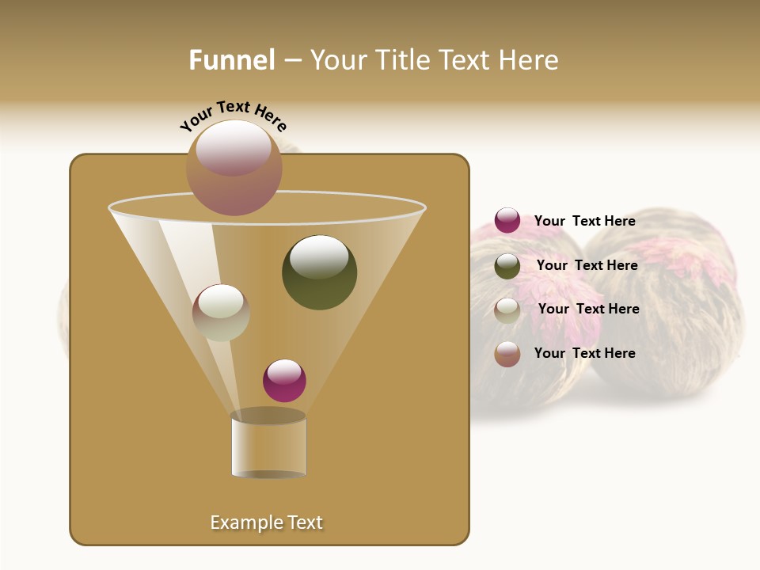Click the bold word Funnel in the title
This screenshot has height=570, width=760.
pyautogui.click(x=231, y=60)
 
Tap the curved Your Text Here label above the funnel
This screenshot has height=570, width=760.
pyautogui.click(x=233, y=114)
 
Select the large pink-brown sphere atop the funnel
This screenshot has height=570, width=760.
pyautogui.click(x=234, y=167)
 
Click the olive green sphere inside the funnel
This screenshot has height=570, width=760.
pyautogui.click(x=319, y=272)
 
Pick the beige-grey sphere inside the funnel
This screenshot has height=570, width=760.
pyautogui.click(x=221, y=313)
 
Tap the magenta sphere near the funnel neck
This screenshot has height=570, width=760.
pyautogui.click(x=284, y=380)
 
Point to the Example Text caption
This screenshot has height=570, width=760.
pyautogui.click(x=267, y=522)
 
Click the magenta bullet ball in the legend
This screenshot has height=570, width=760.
pyautogui.click(x=507, y=221)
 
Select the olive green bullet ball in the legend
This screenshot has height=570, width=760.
pyautogui.click(x=507, y=266)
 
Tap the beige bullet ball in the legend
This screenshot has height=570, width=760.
pyautogui.click(x=507, y=310)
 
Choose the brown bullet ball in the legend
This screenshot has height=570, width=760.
pyautogui.click(x=507, y=354)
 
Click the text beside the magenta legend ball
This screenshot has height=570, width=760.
pyautogui.click(x=584, y=221)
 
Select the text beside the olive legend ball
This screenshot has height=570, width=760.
pyautogui.click(x=587, y=265)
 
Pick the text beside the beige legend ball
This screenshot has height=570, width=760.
pyautogui.click(x=588, y=309)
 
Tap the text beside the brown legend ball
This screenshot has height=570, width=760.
pyautogui.click(x=584, y=353)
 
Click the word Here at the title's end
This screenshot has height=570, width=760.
pyautogui.click(x=529, y=60)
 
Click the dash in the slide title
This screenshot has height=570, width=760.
pyautogui.click(x=292, y=60)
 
